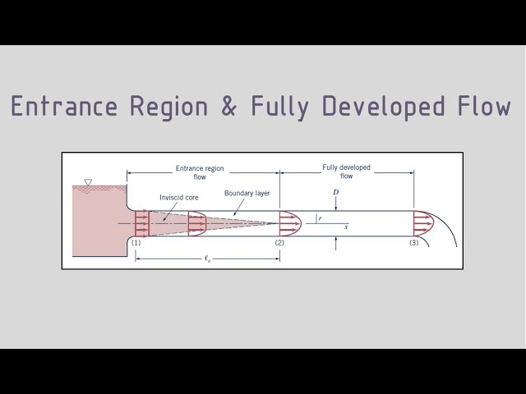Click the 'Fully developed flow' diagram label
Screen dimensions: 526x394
pyautogui.click(x=346, y=171)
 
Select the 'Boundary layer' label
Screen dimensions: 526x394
pyautogui.click(x=247, y=194)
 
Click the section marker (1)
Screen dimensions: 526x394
pyautogui.click(x=136, y=243)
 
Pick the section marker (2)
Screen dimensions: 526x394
pyautogui.click(x=279, y=243)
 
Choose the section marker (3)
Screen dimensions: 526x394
pyautogui.click(x=413, y=243)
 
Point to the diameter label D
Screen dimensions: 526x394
pyautogui.click(x=335, y=192)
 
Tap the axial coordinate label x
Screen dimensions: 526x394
pyautogui.click(x=346, y=227)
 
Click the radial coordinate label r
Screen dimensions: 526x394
pyautogui.click(x=320, y=218)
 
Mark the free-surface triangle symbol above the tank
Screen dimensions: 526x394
pyautogui.click(x=88, y=182)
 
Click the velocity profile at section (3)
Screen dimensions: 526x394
pyautogui.click(x=422, y=222)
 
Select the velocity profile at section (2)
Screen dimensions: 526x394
pyautogui.click(x=290, y=222)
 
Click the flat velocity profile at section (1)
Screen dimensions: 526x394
pyautogui.click(x=141, y=222)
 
